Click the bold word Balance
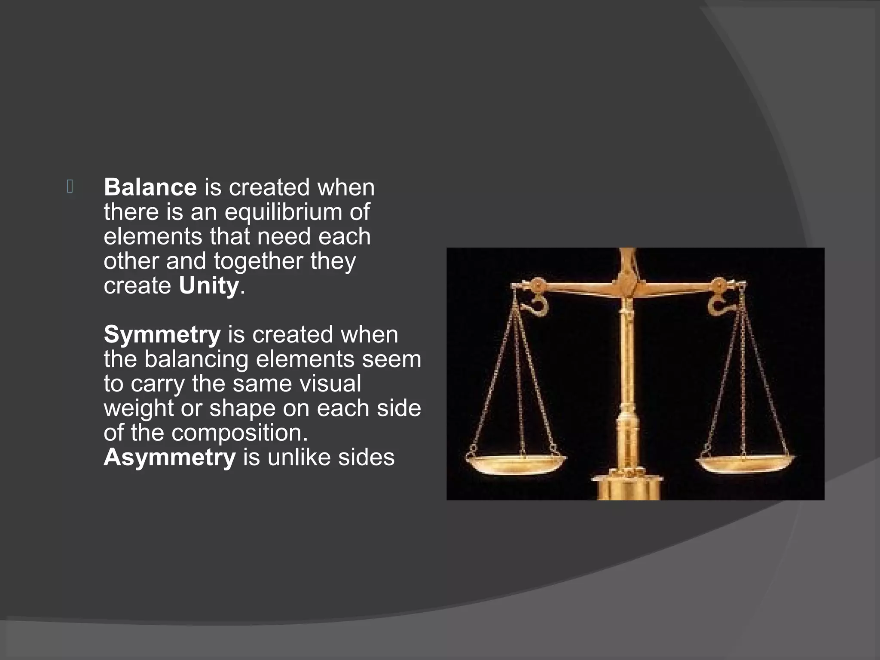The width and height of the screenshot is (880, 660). pyautogui.click(x=150, y=187)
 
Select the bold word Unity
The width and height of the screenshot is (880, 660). pyautogui.click(x=209, y=286)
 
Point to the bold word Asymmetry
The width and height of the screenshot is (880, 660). pyautogui.click(x=169, y=457)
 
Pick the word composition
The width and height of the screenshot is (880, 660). pyautogui.click(x=239, y=433)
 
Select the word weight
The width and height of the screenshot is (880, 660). pyautogui.click(x=138, y=408)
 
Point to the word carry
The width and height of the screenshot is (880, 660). pyautogui.click(x=158, y=384)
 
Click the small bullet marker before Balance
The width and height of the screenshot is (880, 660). pyautogui.click(x=70, y=186)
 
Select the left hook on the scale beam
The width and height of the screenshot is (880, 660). pyautogui.click(x=537, y=304)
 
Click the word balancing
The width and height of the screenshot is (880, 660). pyautogui.click(x=196, y=360)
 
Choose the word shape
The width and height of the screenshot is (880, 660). pyautogui.click(x=242, y=408)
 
